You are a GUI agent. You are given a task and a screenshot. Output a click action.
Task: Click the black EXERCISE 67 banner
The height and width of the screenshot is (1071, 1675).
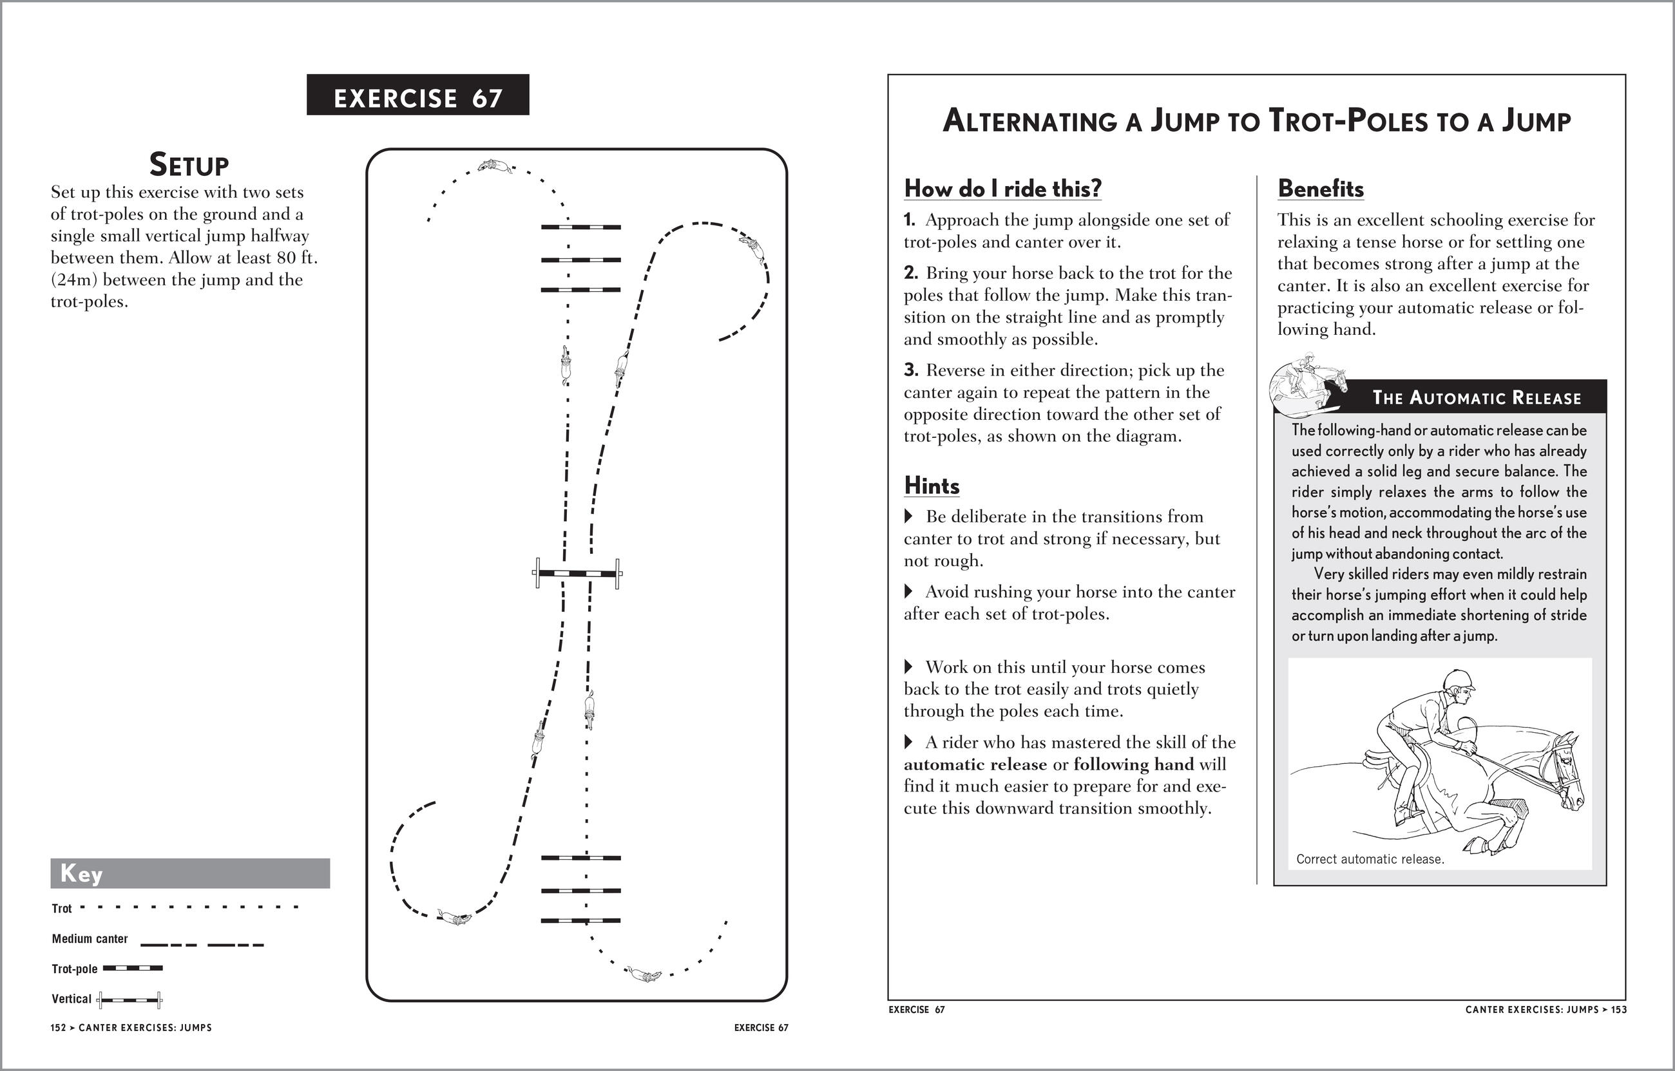[x=417, y=95]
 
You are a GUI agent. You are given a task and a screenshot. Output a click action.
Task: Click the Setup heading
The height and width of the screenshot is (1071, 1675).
[x=189, y=165]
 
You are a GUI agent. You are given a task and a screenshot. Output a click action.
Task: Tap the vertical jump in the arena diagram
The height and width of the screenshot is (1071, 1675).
[x=577, y=574]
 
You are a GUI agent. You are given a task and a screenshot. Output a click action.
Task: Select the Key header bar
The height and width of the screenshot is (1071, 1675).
[x=190, y=873]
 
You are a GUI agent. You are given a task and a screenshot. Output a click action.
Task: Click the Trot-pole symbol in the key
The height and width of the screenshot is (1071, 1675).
[x=132, y=968]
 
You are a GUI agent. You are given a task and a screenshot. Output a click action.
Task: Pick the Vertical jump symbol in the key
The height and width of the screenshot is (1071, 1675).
[x=129, y=1000]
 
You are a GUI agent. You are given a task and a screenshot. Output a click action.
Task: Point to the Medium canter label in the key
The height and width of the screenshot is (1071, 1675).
[x=90, y=939]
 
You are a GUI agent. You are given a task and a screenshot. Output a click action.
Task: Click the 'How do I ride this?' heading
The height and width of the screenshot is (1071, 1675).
[x=1002, y=189]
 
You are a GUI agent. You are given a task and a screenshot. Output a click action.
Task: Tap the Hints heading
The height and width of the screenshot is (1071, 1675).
[x=932, y=486]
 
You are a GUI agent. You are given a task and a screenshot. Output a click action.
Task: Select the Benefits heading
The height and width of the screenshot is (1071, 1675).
[x=1320, y=189]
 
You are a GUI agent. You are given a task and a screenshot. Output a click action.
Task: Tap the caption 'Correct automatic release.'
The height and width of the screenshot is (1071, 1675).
[x=1370, y=860]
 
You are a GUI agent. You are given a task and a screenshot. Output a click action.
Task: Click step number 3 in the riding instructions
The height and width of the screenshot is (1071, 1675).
[x=910, y=370]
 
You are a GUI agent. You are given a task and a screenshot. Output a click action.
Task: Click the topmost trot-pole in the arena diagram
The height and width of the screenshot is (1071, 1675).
[x=581, y=227]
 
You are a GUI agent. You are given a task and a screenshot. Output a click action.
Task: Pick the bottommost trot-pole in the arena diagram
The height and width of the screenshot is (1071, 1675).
[x=581, y=921]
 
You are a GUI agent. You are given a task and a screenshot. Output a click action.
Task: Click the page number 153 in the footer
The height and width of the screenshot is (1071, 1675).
[x=1620, y=1010]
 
